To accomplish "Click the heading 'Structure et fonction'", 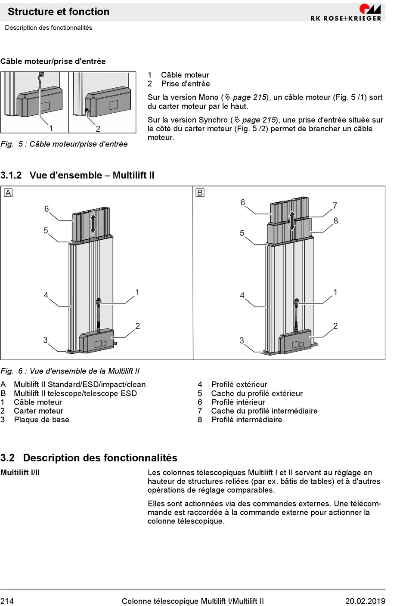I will click(x=59, y=12).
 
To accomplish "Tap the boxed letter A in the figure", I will click(x=8, y=193).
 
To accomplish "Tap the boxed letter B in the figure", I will click(x=200, y=193).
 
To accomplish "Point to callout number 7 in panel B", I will click(x=335, y=206).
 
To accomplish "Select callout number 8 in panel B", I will click(x=336, y=221).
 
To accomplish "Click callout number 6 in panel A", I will click(x=46, y=209).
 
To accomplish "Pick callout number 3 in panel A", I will click(x=45, y=340).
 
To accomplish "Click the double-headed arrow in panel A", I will click(x=93, y=224).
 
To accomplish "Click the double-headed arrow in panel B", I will click(x=292, y=221).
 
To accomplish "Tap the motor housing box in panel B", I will click(x=295, y=342).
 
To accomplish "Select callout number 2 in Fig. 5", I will click(x=98, y=129).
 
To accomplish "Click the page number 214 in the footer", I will click(x=7, y=601).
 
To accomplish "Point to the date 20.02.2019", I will click(x=365, y=601).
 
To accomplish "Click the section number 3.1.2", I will click(x=11, y=175).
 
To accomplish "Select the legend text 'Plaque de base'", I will click(x=41, y=420).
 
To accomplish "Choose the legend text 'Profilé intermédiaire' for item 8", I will click(x=246, y=420).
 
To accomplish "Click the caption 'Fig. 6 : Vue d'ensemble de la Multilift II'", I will click(x=70, y=371).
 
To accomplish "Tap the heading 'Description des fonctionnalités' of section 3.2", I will click(x=100, y=458).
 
